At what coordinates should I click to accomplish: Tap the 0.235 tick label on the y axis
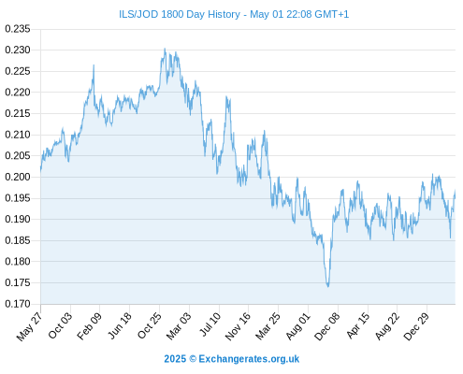pyautogui.click(x=18, y=29)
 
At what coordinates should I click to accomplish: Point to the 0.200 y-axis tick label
pyautogui.click(x=18, y=177)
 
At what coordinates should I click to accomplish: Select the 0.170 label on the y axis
pyautogui.click(x=18, y=304)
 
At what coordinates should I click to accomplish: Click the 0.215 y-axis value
pyautogui.click(x=18, y=113)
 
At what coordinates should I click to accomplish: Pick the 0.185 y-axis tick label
pyautogui.click(x=18, y=240)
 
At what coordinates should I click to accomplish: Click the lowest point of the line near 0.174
pyautogui.click(x=328, y=286)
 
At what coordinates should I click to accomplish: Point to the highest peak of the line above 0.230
pyautogui.click(x=165, y=49)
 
